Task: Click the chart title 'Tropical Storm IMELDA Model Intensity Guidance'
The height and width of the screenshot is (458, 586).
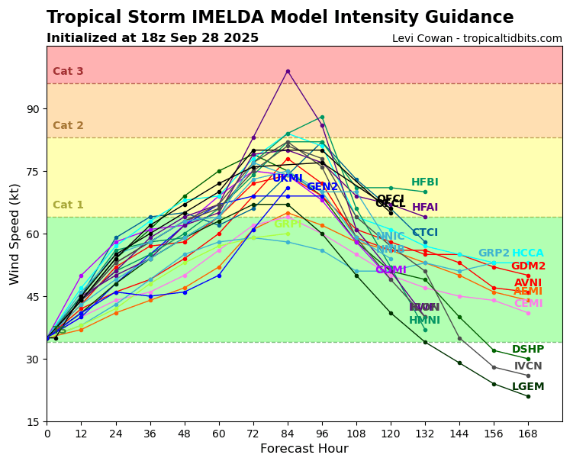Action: pyautogui.click(x=280, y=18)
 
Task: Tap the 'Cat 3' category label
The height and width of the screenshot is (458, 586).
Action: pyautogui.click(x=68, y=72)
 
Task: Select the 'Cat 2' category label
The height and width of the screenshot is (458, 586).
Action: pyautogui.click(x=68, y=126)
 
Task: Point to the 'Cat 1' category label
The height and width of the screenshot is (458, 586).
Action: pyautogui.click(x=68, y=205)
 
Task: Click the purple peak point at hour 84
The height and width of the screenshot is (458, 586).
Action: pyautogui.click(x=288, y=71)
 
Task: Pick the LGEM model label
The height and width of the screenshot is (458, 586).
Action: pyautogui.click(x=528, y=387)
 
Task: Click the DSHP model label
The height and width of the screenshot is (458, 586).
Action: pyautogui.click(x=528, y=350)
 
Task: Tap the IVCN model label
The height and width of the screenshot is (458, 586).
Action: pyautogui.click(x=528, y=366)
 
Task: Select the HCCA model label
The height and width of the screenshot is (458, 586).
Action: pyautogui.click(x=528, y=253)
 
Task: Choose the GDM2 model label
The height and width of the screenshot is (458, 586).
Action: pyautogui.click(x=528, y=266)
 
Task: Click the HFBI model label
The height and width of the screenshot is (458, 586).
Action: pyautogui.click(x=425, y=182)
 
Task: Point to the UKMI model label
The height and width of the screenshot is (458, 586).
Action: pyautogui.click(x=288, y=179)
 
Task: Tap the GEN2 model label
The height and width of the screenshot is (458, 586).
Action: pyautogui.click(x=322, y=187)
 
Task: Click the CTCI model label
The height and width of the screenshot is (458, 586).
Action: pyautogui.click(x=425, y=233)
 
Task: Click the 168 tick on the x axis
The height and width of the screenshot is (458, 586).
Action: pyautogui.click(x=528, y=434)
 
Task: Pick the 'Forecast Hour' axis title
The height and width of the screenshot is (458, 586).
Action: pyautogui.click(x=304, y=449)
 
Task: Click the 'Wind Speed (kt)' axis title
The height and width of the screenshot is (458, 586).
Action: pyautogui.click(x=15, y=234)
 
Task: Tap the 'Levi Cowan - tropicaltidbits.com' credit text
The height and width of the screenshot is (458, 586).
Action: pyautogui.click(x=477, y=39)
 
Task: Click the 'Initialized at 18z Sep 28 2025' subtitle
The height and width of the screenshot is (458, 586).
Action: pyautogui.click(x=153, y=38)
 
